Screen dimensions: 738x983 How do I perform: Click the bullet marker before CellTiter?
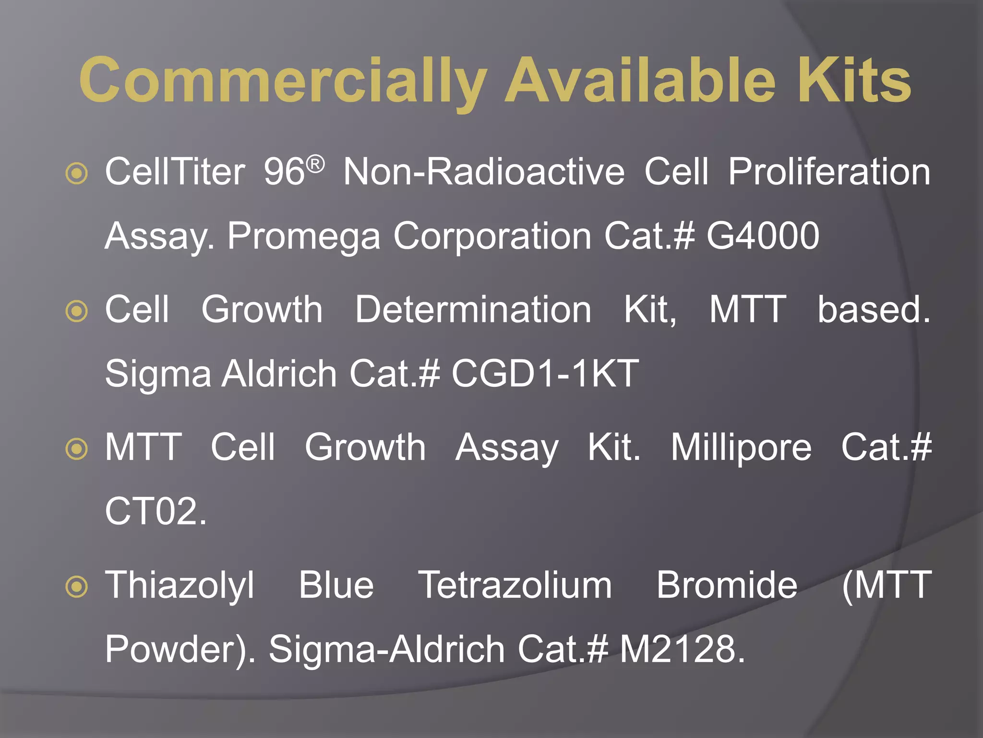point(77,173)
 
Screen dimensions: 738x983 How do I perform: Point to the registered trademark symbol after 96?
point(315,165)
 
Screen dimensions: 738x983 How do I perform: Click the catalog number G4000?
point(763,235)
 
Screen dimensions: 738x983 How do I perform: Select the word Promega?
point(304,236)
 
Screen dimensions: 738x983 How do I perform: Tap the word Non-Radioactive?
point(484,172)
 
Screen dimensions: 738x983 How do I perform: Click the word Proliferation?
point(829,172)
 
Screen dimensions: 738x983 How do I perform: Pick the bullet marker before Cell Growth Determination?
point(77,311)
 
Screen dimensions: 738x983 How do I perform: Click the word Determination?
point(473,309)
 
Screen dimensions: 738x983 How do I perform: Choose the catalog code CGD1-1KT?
point(545,373)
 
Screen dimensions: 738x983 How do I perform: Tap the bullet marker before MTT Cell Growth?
point(77,449)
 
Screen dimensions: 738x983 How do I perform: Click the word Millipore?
point(741,447)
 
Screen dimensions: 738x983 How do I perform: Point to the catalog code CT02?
point(155,511)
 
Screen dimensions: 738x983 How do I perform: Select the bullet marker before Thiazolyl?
point(77,587)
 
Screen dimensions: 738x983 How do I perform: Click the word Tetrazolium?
point(515,585)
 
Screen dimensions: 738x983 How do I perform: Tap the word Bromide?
point(727,585)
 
